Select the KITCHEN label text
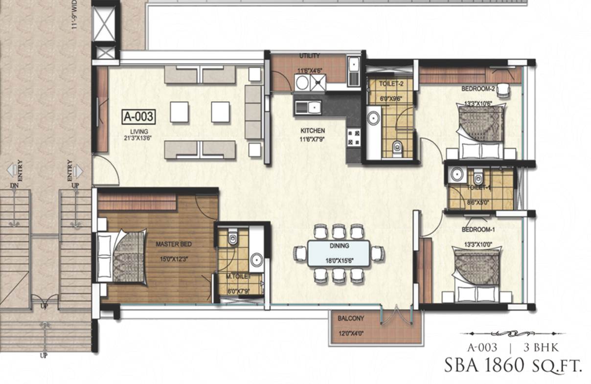click(313, 131)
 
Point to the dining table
click(339, 253)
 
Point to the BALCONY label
click(351, 318)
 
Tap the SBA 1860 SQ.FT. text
click(513, 365)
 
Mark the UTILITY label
click(309, 56)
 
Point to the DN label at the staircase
click(14, 186)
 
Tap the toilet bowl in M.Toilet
click(233, 238)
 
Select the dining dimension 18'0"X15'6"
click(339, 261)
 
